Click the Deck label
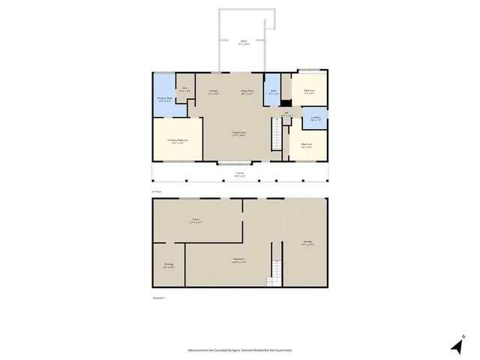click(244, 42)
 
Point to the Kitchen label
click(213, 92)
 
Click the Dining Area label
click(246, 92)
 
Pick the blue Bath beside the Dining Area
click(274, 92)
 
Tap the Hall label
click(286, 114)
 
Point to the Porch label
click(240, 174)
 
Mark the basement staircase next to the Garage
click(275, 272)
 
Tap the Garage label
click(307, 242)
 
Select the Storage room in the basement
click(169, 265)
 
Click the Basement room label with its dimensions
click(239, 261)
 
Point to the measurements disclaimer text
click(239, 349)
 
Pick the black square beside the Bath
click(286, 104)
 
